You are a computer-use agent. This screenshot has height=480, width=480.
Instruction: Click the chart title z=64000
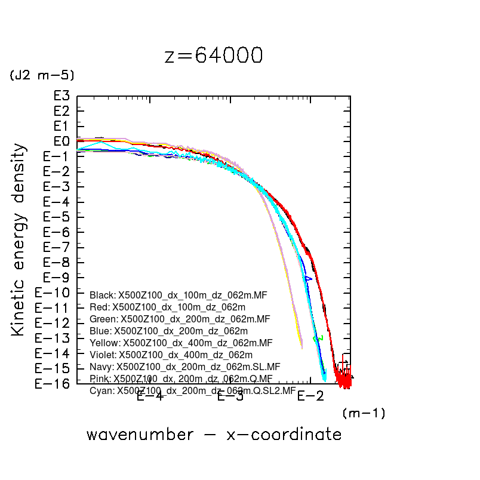(213, 56)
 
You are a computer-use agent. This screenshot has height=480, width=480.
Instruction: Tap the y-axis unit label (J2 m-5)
(41, 75)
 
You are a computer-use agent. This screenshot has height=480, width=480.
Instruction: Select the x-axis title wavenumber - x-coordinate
(214, 434)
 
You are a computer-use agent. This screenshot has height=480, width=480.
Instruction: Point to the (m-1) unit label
(364, 413)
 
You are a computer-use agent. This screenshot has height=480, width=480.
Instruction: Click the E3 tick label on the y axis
(61, 96)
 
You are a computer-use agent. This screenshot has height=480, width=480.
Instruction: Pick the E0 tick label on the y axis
(61, 141)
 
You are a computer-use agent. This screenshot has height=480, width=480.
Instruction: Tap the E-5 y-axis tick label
(57, 217)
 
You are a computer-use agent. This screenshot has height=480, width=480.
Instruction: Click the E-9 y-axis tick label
(57, 278)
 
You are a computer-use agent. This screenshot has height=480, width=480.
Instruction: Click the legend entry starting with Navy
(184, 367)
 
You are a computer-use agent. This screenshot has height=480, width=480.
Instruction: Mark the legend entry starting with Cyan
(192, 391)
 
